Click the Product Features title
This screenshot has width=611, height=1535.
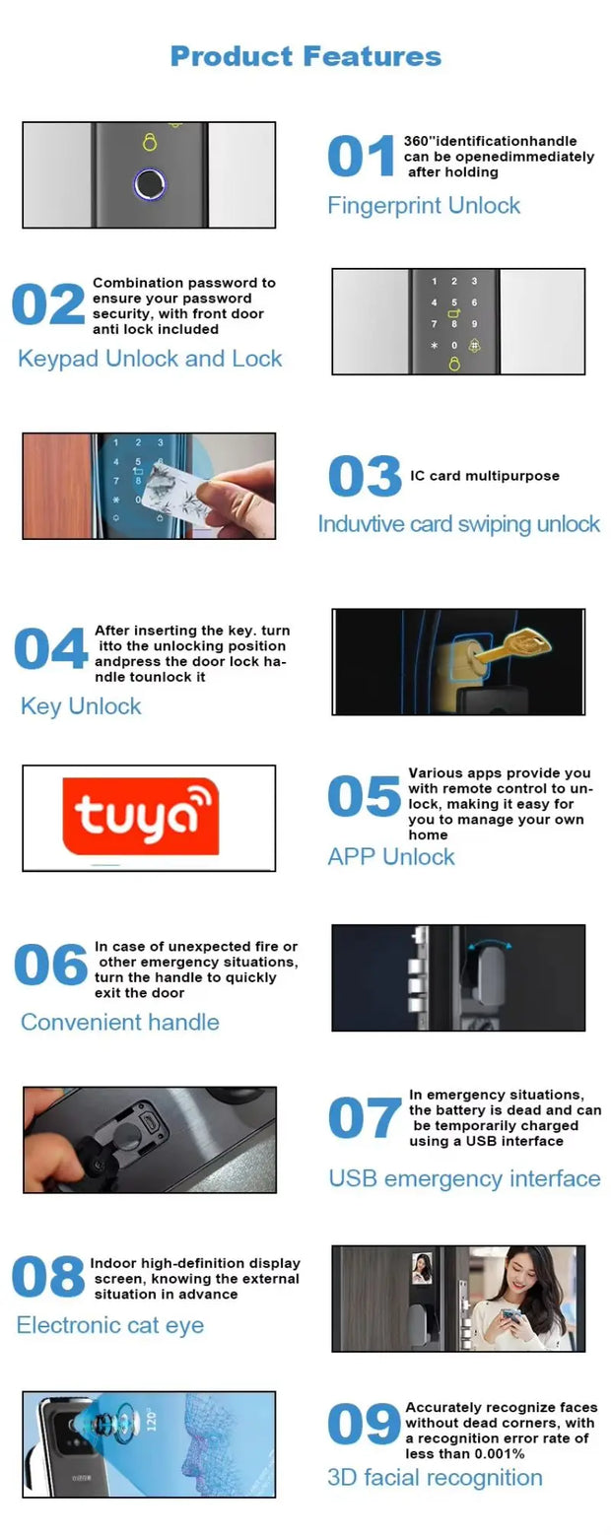click(305, 56)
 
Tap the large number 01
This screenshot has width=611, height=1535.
click(361, 158)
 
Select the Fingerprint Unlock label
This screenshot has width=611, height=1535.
click(424, 206)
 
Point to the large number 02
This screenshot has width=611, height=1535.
click(47, 305)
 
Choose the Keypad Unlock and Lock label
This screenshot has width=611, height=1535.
click(150, 359)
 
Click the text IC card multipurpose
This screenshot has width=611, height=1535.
click(484, 476)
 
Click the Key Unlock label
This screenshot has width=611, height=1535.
click(81, 706)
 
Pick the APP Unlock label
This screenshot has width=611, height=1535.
click(391, 857)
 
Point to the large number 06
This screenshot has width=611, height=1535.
click(50, 966)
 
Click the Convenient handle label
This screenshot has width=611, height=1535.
click(120, 1023)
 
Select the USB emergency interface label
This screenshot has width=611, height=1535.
click(464, 1179)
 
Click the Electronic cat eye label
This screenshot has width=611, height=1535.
click(110, 1326)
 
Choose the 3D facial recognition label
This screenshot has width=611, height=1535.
click(435, 1478)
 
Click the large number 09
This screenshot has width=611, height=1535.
click(363, 1426)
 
